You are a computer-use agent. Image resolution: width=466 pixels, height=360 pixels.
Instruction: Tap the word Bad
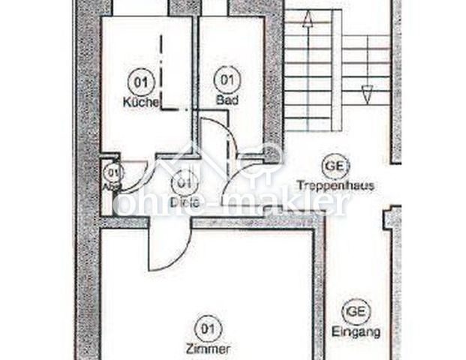[226, 99]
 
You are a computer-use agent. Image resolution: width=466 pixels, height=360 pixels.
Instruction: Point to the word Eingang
[355, 331]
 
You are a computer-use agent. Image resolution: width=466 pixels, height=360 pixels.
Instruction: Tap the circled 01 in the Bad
[226, 78]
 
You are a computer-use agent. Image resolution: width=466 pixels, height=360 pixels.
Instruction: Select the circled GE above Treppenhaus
[335, 165]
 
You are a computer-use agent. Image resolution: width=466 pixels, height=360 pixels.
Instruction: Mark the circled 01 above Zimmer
[210, 327]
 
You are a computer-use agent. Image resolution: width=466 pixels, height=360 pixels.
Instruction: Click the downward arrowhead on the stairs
[367, 94]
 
